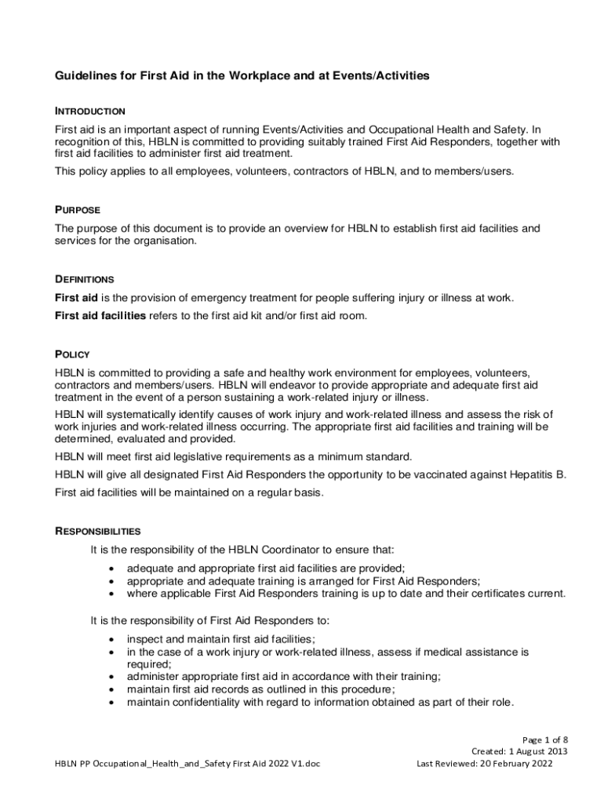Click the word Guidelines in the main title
85,76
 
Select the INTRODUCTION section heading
90,111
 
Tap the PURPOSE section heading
77,210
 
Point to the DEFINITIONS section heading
84,279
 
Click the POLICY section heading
72,354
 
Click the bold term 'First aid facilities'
100,315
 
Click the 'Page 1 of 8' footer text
545,739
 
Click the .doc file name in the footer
187,764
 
